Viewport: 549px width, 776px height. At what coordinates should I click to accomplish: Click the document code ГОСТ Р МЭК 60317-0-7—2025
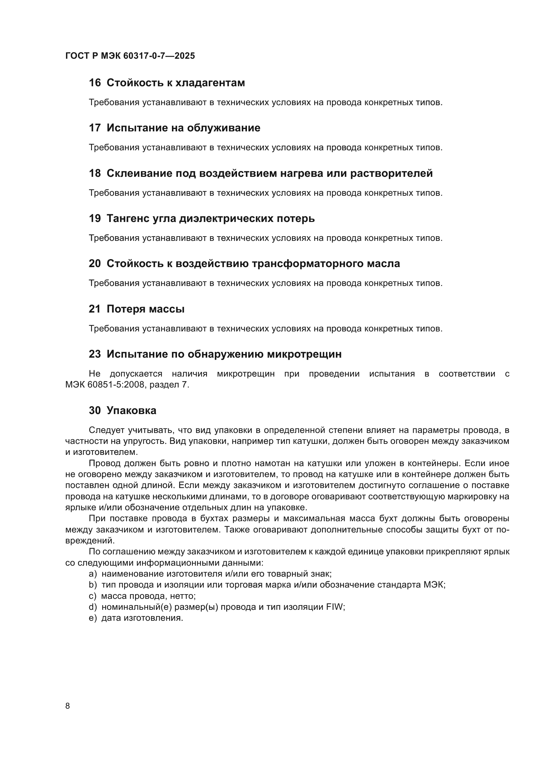coord(130,56)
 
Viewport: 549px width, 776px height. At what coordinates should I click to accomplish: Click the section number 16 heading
coord(95,83)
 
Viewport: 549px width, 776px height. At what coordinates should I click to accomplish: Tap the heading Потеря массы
coord(145,309)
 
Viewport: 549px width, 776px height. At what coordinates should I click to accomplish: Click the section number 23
coord(95,354)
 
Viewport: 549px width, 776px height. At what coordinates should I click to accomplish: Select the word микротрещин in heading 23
coord(304,354)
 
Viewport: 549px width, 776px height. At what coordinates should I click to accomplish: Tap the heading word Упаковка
coord(131,411)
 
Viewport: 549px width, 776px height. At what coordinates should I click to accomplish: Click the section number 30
coord(95,411)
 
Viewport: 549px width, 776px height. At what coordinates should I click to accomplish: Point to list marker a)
coord(93,574)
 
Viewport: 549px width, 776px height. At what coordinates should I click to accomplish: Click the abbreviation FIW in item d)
coord(335,607)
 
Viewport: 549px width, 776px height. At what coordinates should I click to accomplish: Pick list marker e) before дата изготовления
coord(93,618)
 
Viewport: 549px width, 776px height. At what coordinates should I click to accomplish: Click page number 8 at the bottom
coord(68,706)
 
